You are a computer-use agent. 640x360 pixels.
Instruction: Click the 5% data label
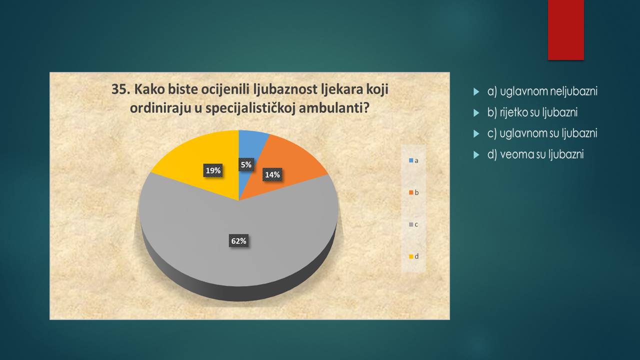pyautogui.click(x=246, y=165)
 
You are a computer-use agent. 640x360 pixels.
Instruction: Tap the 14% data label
pyautogui.click(x=272, y=174)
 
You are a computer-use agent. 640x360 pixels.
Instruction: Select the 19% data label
pyautogui.click(x=213, y=170)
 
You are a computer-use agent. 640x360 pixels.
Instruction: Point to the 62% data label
pyautogui.click(x=238, y=241)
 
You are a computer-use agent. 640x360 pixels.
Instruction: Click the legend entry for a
pyautogui.click(x=413, y=160)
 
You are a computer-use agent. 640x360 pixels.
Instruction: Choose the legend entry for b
pyautogui.click(x=413, y=192)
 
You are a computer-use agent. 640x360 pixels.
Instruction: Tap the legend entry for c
pyautogui.click(x=413, y=224)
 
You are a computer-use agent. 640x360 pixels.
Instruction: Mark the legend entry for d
pyautogui.click(x=413, y=256)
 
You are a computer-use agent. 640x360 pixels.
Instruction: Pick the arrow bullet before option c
pyautogui.click(x=476, y=133)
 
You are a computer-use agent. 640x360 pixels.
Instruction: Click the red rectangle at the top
pyautogui.click(x=565, y=30)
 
